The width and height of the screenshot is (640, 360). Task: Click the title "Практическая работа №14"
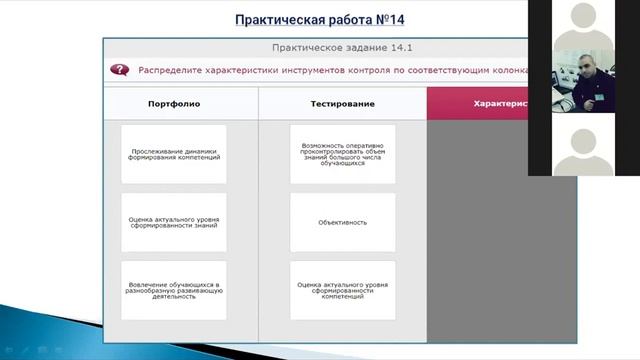point(320,19)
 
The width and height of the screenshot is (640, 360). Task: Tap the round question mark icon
point(120,70)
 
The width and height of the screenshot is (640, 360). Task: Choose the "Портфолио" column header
point(174,103)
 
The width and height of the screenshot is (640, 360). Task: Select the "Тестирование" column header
point(342,103)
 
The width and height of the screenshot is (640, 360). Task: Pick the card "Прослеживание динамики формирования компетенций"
point(174,155)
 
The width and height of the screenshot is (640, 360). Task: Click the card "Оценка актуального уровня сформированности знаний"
point(174,223)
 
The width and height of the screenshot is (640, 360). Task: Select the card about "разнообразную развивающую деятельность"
point(174,291)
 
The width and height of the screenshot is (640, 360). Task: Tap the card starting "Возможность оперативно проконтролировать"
point(342,155)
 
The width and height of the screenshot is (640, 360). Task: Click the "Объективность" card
point(342,223)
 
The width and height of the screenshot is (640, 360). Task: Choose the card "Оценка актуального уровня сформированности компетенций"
point(342,291)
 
